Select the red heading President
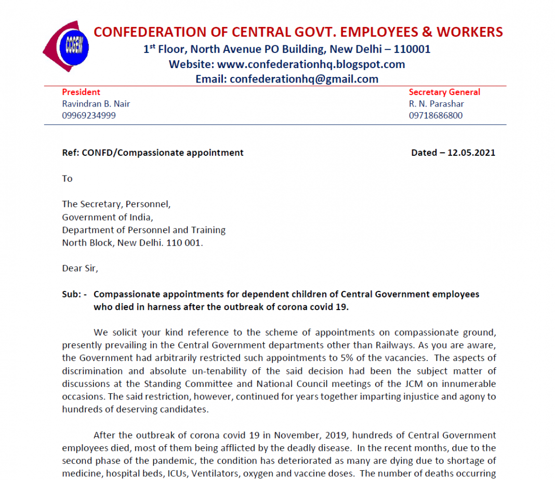click(81, 92)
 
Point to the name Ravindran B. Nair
click(96, 103)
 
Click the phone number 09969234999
click(89, 115)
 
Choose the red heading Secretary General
click(444, 92)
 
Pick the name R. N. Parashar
click(436, 103)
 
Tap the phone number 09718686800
click(435, 115)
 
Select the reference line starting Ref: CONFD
click(153, 153)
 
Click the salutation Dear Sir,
click(80, 269)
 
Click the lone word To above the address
click(68, 179)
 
